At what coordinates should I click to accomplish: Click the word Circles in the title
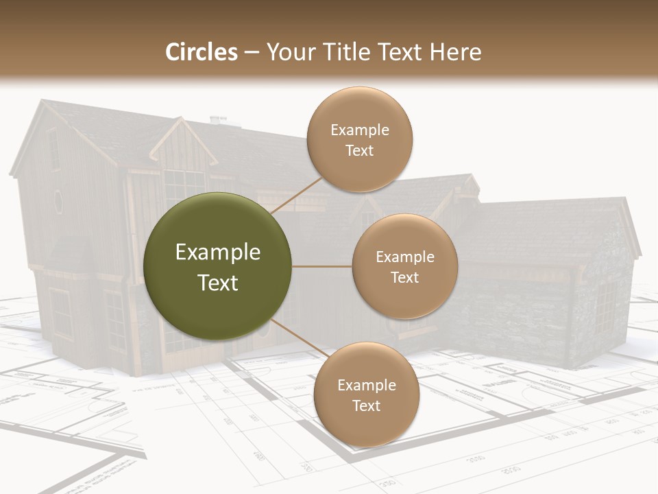click(x=201, y=52)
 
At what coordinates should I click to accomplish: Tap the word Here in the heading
click(x=455, y=52)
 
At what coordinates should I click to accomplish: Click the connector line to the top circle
click(x=296, y=195)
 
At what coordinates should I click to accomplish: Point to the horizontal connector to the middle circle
click(x=321, y=266)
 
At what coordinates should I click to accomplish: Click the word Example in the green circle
click(x=217, y=252)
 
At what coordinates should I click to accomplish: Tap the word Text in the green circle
click(x=217, y=283)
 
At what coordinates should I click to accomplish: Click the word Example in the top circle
click(x=359, y=130)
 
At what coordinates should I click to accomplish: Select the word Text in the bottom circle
click(x=366, y=405)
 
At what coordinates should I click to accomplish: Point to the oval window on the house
click(x=58, y=202)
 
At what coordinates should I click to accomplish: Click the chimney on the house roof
click(x=218, y=121)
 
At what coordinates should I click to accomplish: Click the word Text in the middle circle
click(x=404, y=277)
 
